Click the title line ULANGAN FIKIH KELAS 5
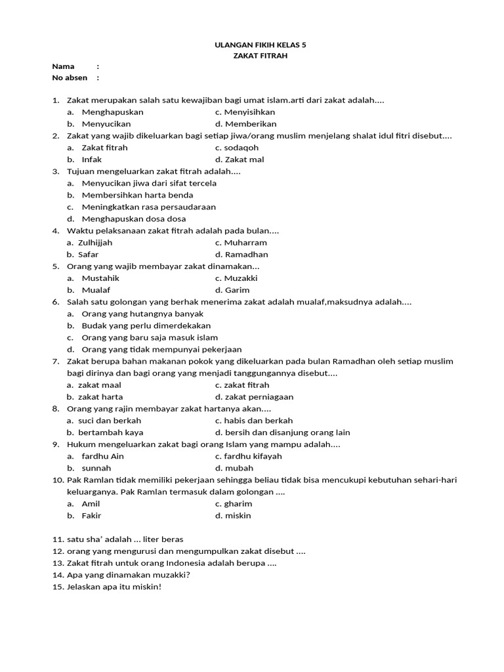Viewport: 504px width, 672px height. click(x=261, y=45)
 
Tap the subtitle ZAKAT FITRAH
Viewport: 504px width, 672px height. click(x=261, y=56)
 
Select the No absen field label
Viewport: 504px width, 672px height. click(x=70, y=77)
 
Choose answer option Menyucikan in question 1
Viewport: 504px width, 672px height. click(x=106, y=123)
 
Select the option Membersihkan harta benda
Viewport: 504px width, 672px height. click(x=137, y=195)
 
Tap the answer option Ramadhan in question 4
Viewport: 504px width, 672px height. click(x=246, y=254)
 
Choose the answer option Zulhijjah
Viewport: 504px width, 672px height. click(x=95, y=242)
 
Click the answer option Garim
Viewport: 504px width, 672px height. click(x=237, y=290)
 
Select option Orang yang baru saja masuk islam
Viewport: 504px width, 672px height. click(x=150, y=337)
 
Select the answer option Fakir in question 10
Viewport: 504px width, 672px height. click(x=91, y=516)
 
